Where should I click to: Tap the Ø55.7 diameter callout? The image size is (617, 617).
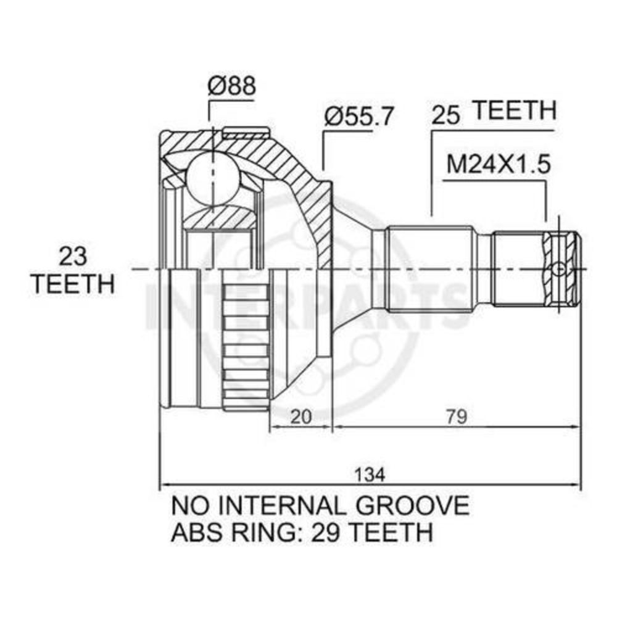(358, 116)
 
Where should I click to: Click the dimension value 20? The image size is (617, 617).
(301, 416)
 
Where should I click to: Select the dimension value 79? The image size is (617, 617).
(457, 416)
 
